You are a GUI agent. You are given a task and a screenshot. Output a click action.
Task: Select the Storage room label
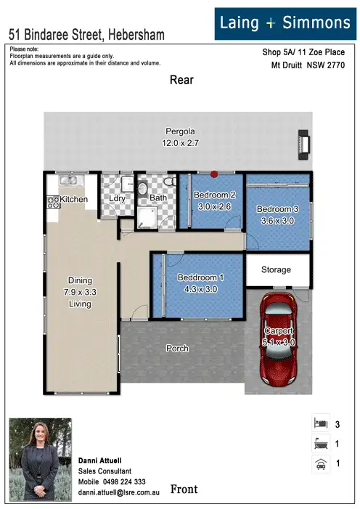(x=276, y=270)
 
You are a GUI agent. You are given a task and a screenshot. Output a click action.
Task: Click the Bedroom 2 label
(x=214, y=195)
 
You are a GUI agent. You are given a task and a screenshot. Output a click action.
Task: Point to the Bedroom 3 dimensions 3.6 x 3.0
(x=276, y=221)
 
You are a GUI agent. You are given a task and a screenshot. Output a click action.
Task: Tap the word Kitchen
(x=74, y=199)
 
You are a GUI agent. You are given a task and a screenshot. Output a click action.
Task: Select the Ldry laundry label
(x=117, y=198)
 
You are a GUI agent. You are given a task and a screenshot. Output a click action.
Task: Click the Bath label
(x=158, y=198)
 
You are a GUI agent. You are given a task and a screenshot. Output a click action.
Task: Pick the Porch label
(x=177, y=349)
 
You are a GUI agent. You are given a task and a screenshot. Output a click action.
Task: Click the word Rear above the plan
(x=181, y=80)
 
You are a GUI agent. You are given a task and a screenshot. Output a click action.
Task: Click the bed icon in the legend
(x=318, y=423)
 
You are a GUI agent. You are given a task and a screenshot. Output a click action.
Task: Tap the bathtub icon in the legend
(x=318, y=443)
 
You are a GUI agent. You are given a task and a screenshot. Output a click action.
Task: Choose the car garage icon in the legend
(x=318, y=463)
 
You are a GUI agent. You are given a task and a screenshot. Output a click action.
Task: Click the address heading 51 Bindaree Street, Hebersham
(x=86, y=34)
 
